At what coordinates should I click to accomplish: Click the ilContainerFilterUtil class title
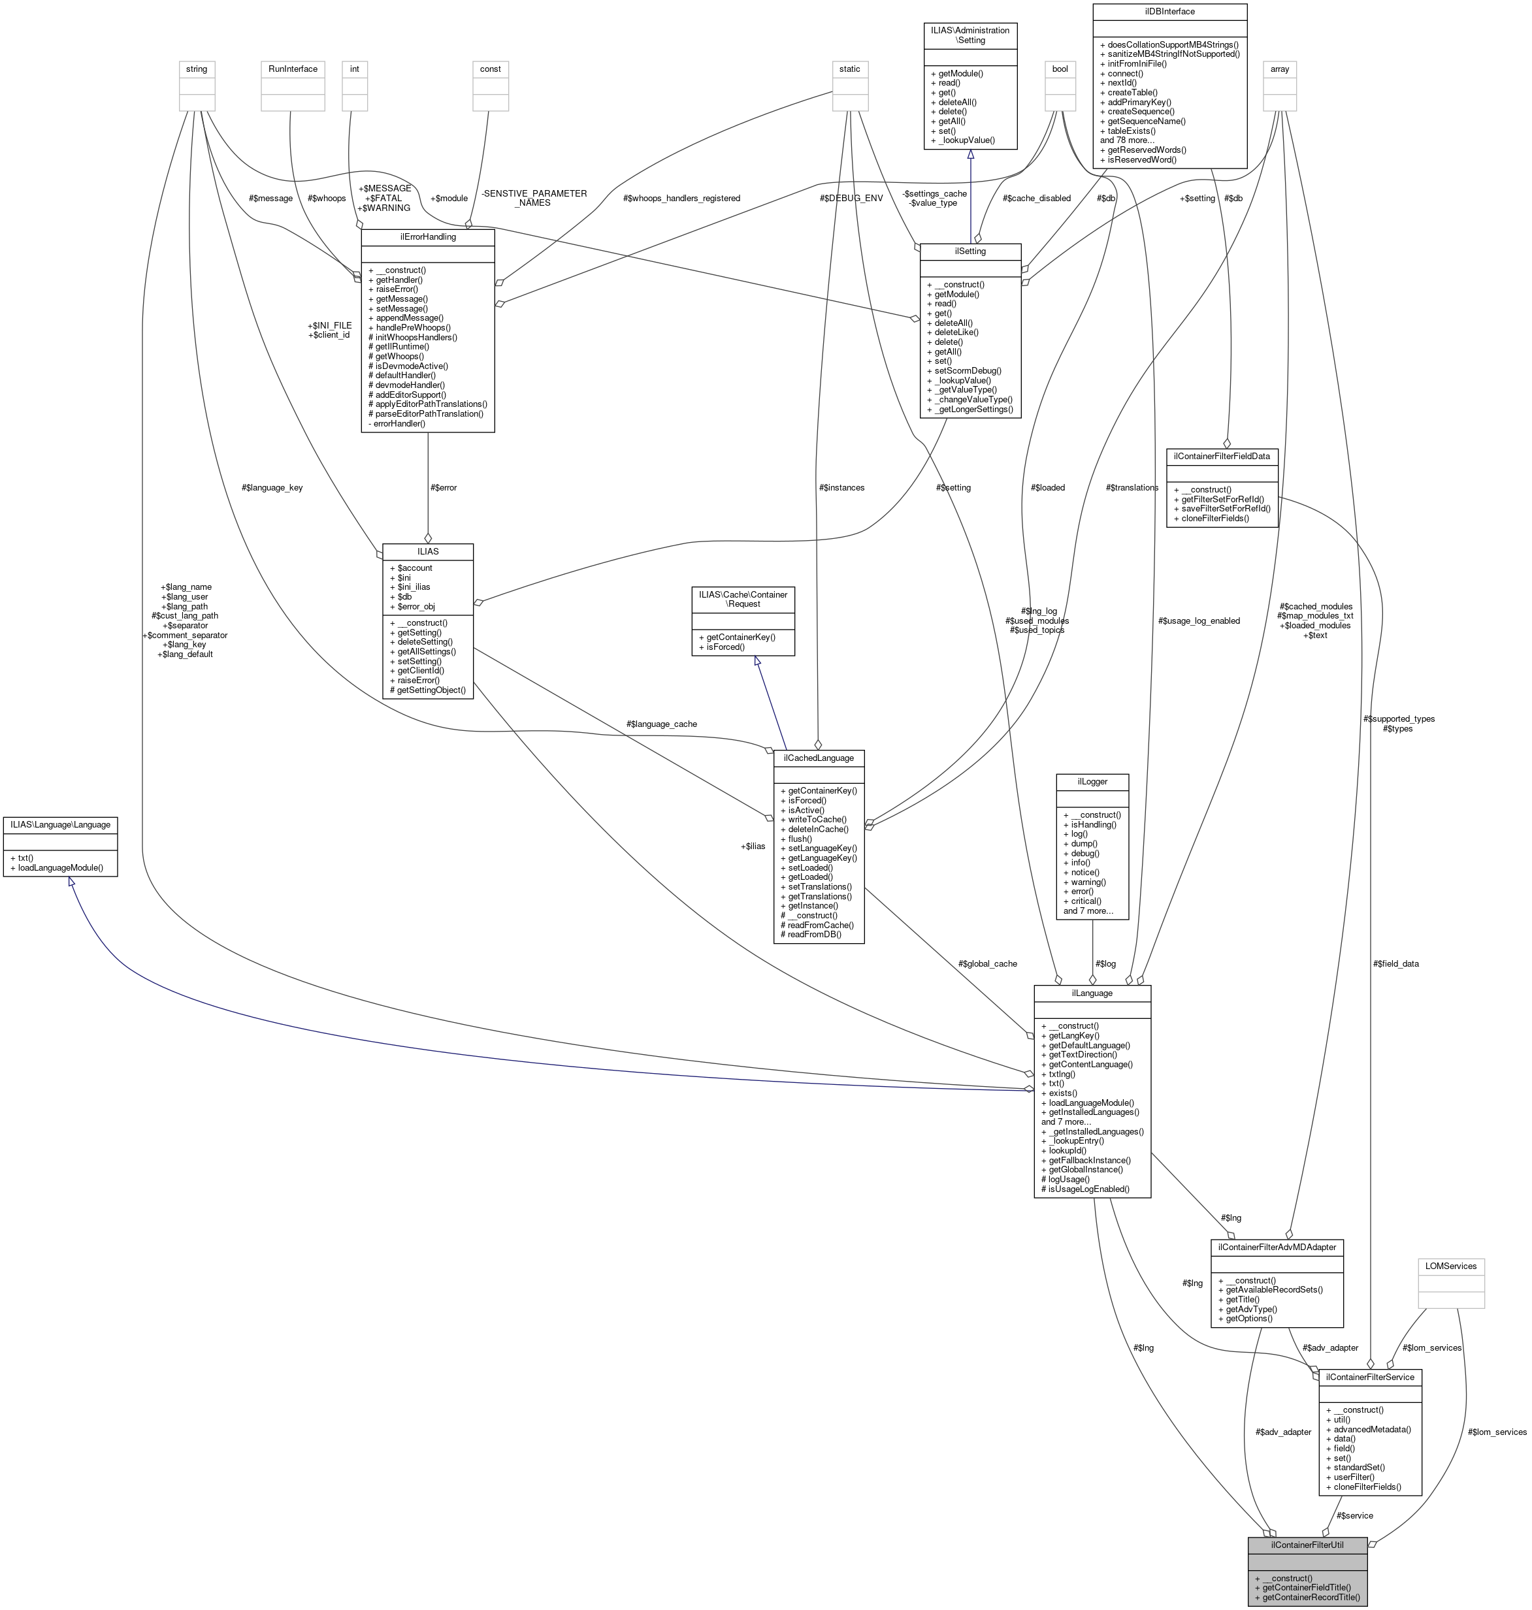1307,1545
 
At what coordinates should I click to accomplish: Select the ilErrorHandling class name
427,236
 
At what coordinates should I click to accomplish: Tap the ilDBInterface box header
1169,12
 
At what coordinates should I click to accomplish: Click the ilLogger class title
1092,781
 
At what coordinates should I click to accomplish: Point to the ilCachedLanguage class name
818,758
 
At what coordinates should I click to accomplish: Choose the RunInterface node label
293,69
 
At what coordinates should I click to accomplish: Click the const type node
490,69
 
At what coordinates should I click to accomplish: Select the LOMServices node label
1450,1266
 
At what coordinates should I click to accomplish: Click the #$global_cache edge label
987,963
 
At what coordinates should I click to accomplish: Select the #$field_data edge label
1395,963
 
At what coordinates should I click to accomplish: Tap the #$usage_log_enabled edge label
1198,620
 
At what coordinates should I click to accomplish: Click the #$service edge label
1354,1515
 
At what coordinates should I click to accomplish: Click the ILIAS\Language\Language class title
59,824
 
